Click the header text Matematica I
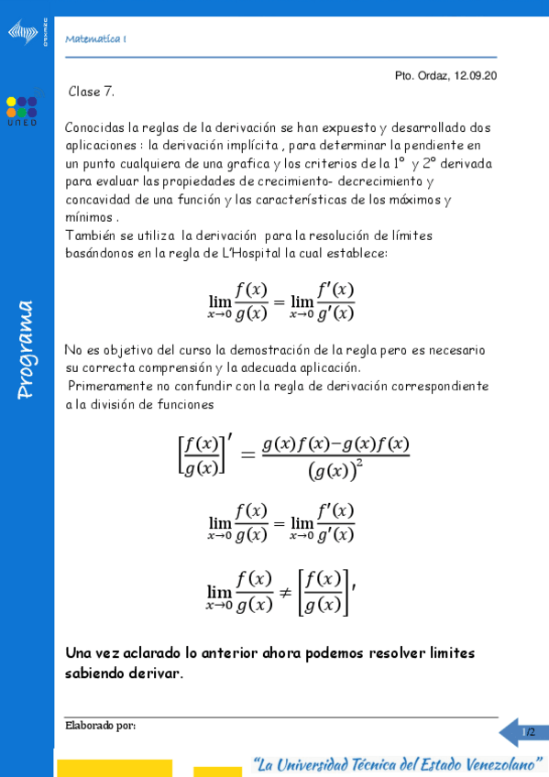[96, 38]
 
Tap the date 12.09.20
[475, 76]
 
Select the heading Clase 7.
[92, 92]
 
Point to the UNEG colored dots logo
[22, 106]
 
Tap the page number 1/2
[528, 732]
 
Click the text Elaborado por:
[101, 726]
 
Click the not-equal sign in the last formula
[284, 591]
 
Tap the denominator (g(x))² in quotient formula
[335, 472]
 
